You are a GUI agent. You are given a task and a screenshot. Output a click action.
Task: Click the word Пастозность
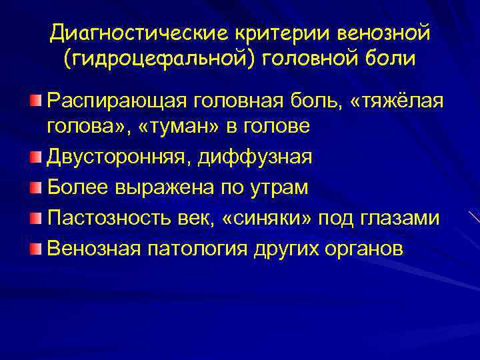tap(107, 219)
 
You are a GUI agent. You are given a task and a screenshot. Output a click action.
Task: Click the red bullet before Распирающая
tap(35, 101)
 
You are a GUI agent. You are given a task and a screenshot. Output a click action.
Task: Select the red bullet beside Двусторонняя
tap(35, 157)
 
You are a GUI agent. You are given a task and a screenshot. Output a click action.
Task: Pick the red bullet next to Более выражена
tap(35, 187)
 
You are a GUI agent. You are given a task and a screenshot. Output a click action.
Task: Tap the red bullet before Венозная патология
tap(35, 249)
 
